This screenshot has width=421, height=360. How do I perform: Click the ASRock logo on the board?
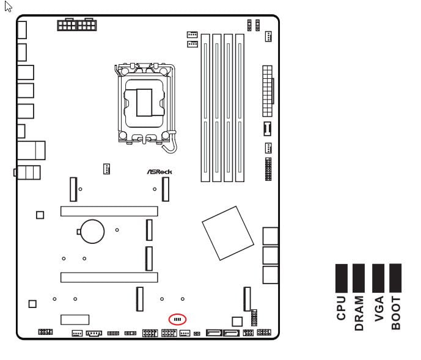click(x=159, y=172)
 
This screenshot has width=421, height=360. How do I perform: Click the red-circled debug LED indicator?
click(x=177, y=319)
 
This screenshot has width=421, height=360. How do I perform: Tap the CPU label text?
click(x=341, y=308)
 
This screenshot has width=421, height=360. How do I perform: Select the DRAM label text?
click(x=359, y=313)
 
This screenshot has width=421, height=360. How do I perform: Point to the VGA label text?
click(x=379, y=309)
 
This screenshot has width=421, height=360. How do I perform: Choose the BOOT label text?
click(x=396, y=313)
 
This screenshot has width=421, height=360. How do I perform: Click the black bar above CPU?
click(x=342, y=278)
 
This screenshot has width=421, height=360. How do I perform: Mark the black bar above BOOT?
click(x=395, y=278)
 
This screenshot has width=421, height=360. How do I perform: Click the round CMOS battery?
click(x=92, y=232)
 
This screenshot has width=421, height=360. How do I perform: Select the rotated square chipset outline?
click(x=228, y=233)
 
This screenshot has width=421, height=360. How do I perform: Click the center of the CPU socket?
click(x=144, y=103)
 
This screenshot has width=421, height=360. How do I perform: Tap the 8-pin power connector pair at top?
click(x=77, y=24)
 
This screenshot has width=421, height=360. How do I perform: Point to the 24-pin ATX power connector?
click(x=268, y=91)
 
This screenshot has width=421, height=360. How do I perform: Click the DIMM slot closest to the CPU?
click(x=205, y=108)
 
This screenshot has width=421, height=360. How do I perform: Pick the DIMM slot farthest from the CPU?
click(x=240, y=108)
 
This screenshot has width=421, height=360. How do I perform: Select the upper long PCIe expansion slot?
click(x=109, y=211)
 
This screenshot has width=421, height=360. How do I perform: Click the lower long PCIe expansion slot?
click(x=109, y=277)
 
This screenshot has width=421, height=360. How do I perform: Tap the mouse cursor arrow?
click(x=8, y=7)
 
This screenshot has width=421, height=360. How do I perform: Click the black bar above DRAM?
click(x=359, y=278)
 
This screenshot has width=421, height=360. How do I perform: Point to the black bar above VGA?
click(x=378, y=278)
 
